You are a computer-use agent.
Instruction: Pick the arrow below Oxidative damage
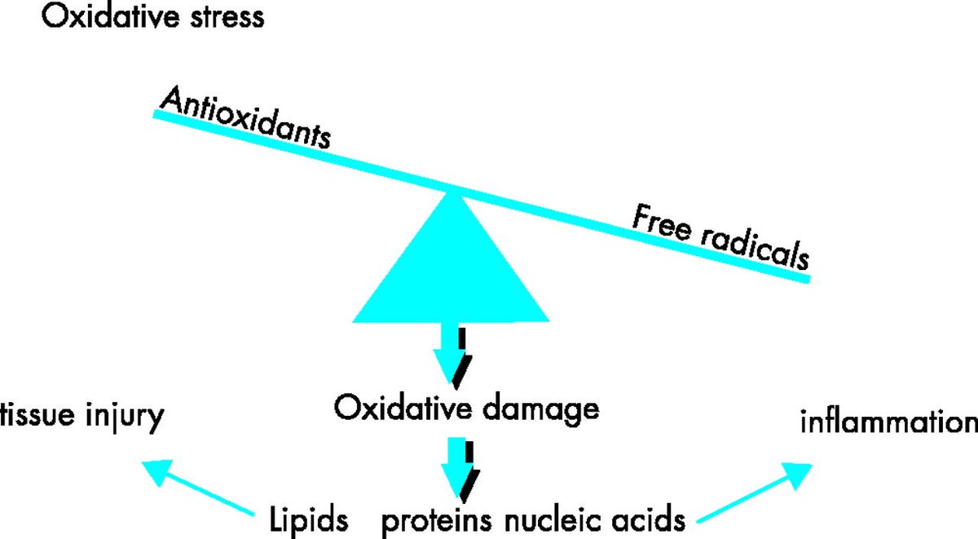pyautogui.click(x=455, y=469)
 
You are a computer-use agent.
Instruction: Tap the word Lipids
pyautogui.click(x=309, y=519)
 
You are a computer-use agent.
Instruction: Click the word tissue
pyautogui.click(x=37, y=418)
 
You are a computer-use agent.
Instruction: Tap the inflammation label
pyautogui.click(x=888, y=423)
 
